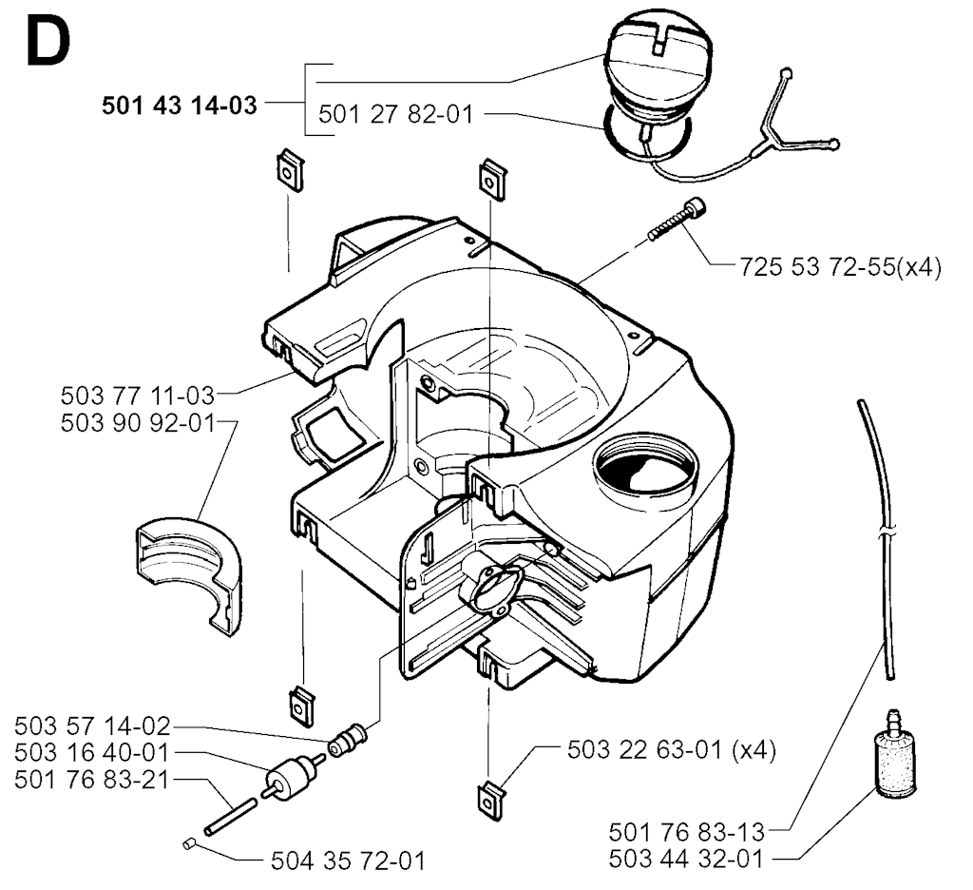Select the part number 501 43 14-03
click(180, 105)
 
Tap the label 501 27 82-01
click(396, 114)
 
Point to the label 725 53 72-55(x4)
click(840, 267)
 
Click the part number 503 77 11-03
click(138, 396)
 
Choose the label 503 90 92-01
click(138, 423)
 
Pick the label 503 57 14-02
click(92, 726)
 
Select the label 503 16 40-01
click(92, 753)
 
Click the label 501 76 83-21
click(92, 780)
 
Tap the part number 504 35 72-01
click(349, 861)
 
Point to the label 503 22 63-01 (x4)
click(672, 750)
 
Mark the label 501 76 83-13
click(686, 832)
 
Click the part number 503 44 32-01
click(686, 859)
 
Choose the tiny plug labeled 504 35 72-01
click(190, 843)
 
